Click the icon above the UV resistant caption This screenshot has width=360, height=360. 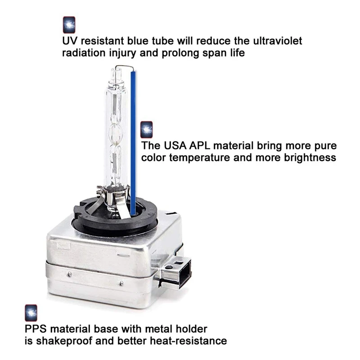tap(69, 25)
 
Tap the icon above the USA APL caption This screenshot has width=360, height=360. tap(147, 130)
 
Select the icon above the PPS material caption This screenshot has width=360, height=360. tap(31, 313)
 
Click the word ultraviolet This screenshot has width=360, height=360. tap(278, 41)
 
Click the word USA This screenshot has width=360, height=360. tap(175, 145)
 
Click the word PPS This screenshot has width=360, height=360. tap(36, 329)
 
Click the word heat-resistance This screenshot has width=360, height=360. tap(188, 341)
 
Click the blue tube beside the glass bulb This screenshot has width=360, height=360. tap(133, 143)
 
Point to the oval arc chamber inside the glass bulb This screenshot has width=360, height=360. tap(116, 134)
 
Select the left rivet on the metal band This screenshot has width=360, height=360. tap(69, 274)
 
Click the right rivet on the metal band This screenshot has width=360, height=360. tap(121, 283)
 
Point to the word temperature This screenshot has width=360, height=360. tap(199, 158)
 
